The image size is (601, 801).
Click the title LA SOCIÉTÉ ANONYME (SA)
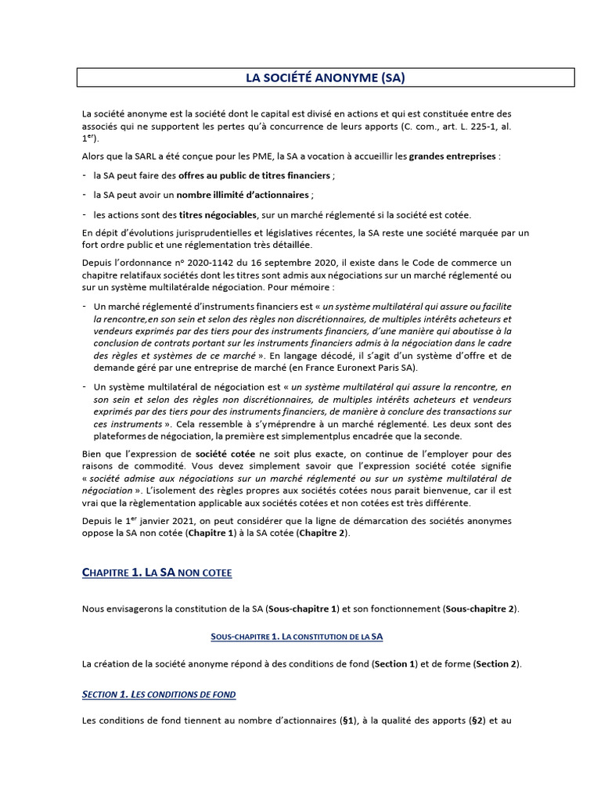pyautogui.click(x=325, y=77)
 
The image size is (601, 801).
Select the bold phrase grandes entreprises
pyautogui.click(x=452, y=156)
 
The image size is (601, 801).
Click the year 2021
pyautogui.click(x=163, y=521)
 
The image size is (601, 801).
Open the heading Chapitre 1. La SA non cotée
pyautogui.click(x=157, y=573)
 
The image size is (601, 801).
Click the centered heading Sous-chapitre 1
pyautogui.click(x=297, y=638)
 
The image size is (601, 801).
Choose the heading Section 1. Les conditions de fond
pyautogui.click(x=159, y=695)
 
